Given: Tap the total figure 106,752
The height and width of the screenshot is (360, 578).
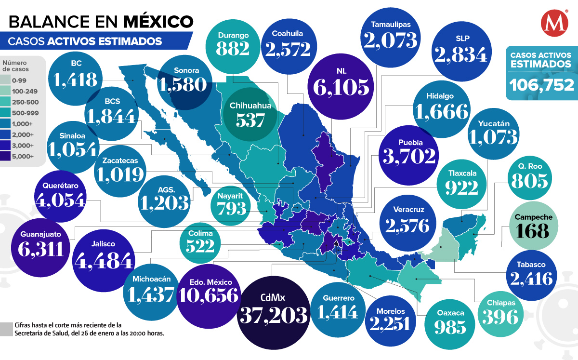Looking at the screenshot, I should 541,85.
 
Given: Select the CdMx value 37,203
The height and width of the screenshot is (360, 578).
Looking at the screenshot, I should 273,315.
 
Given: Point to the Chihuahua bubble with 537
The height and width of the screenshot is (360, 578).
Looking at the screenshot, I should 250,113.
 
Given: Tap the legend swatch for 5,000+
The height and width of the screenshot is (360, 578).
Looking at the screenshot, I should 8,156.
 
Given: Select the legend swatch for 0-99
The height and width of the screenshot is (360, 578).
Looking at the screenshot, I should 8,80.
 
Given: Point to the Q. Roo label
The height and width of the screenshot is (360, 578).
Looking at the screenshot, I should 531,166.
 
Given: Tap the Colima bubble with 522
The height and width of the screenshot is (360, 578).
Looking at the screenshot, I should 201,240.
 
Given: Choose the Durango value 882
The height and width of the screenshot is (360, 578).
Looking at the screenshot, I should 233,48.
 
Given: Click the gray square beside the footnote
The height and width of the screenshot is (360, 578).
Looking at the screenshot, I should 6,329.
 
